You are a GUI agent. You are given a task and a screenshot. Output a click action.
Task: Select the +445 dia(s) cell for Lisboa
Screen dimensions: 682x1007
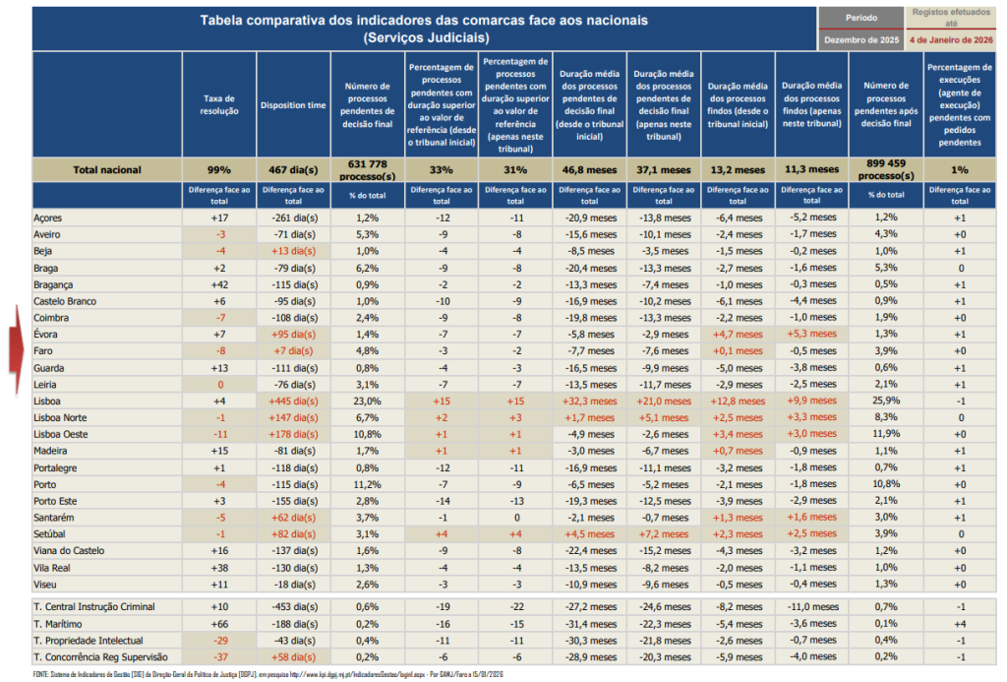(292, 402)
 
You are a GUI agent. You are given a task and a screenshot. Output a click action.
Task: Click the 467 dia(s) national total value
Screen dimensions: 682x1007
(292, 169)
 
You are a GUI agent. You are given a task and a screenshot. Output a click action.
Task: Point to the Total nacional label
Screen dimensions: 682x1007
(106, 169)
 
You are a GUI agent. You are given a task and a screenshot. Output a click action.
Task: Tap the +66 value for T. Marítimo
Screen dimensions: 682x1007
(218, 624)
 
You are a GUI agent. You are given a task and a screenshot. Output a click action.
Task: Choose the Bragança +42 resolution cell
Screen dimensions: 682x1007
(218, 283)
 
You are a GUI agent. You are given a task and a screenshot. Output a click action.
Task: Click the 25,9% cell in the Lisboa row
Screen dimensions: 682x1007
(886, 402)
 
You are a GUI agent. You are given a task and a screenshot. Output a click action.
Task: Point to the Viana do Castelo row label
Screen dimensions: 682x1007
(69, 550)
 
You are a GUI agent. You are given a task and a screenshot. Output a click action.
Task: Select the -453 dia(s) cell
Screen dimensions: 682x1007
(292, 607)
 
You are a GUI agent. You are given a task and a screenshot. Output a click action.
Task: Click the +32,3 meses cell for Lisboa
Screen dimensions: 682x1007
(587, 402)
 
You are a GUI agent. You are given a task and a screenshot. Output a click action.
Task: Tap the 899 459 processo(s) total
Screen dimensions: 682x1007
(886, 169)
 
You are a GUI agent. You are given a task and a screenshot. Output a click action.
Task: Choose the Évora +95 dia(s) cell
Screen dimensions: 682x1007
(292, 334)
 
